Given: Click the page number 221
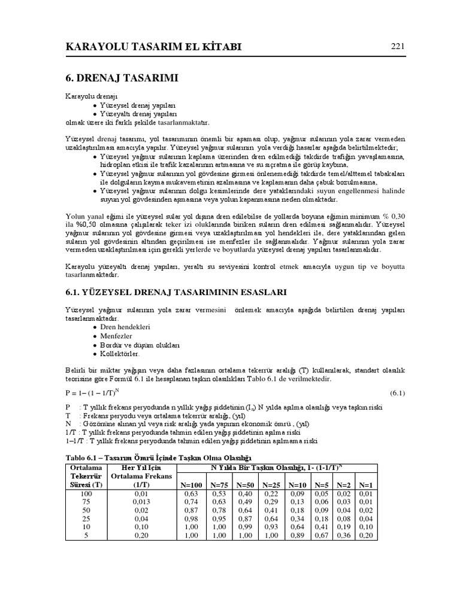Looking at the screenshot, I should [399, 47].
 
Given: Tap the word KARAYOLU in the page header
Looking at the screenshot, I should [98, 47].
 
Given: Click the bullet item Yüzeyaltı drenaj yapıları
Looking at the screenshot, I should [138, 113].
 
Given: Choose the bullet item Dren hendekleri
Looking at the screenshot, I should [125, 327].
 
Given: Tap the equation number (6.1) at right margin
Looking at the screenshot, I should [398, 393].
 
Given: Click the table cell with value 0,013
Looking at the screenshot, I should [141, 501].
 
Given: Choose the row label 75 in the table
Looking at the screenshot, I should [86, 501].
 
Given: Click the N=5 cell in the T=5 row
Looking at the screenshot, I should [323, 535].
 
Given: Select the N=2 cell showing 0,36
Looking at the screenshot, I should [344, 535].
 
